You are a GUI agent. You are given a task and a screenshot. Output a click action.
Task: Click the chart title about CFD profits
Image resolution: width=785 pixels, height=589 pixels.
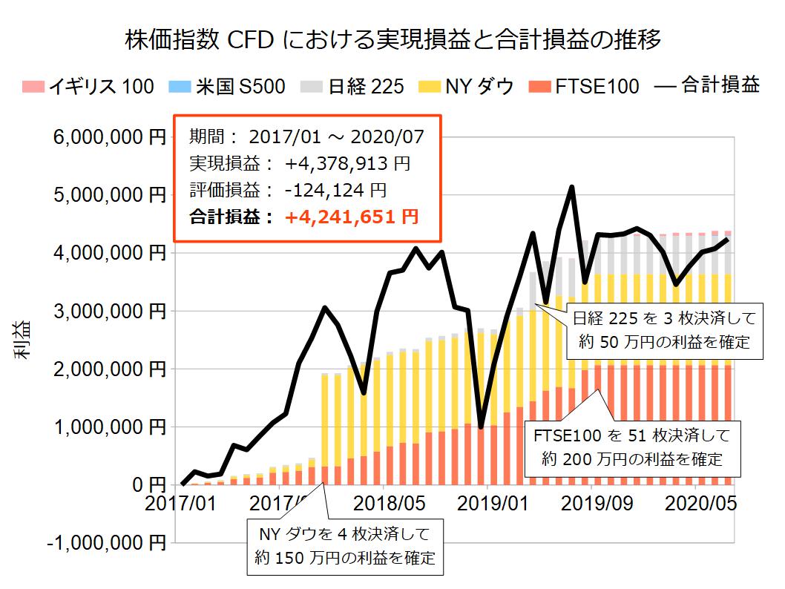click(393, 39)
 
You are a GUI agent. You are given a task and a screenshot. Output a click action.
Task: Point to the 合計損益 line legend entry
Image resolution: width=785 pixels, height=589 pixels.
click(708, 86)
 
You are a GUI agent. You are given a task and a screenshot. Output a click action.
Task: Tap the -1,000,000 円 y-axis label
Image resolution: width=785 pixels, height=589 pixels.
click(107, 543)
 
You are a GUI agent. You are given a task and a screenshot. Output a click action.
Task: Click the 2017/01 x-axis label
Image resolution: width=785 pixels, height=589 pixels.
click(181, 504)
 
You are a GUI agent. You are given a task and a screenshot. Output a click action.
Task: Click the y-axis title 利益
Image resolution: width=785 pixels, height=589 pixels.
click(22, 340)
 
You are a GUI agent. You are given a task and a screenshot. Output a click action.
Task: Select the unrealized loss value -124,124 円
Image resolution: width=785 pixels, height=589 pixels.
click(335, 190)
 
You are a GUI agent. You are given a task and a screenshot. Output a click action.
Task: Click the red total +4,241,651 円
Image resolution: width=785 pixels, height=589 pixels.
click(352, 217)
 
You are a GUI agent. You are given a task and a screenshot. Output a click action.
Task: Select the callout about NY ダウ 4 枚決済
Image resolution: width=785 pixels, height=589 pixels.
click(345, 545)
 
